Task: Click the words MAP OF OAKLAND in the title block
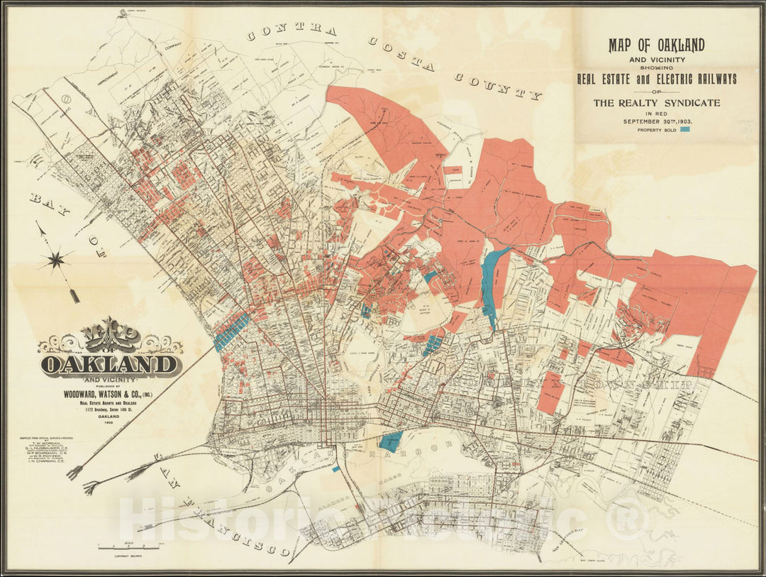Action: [x=656, y=46]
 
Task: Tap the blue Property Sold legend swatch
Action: [x=685, y=130]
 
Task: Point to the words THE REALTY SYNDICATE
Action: [x=656, y=103]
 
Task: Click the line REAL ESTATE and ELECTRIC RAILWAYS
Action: [x=656, y=78]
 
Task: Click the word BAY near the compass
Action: [x=43, y=204]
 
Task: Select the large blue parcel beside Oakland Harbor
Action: [x=391, y=441]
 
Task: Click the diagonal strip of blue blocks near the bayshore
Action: [x=231, y=331]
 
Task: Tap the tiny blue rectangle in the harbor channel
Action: [x=335, y=469]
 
